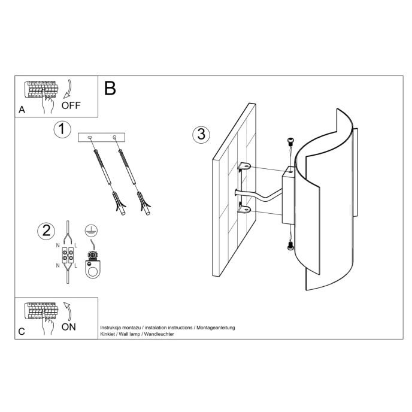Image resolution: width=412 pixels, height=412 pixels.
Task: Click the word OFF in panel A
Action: tap(71, 107)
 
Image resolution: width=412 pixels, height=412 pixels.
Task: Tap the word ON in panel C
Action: tap(69, 327)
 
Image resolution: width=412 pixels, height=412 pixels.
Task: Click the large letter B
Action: tap(110, 89)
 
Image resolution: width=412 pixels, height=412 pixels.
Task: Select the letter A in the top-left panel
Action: tap(22, 110)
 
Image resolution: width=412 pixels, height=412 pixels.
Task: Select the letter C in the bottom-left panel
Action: tap(22, 331)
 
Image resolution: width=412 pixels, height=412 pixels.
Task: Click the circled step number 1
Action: tap(62, 129)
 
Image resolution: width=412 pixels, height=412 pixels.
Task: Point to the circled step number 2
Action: tap(46, 231)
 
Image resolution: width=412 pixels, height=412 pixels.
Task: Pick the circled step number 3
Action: tap(201, 134)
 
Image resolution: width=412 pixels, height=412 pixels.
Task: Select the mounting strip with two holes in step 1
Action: tap(102, 138)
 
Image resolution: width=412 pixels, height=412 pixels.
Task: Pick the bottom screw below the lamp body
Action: tap(290, 246)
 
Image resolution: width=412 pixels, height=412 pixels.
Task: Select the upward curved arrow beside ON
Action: tap(68, 310)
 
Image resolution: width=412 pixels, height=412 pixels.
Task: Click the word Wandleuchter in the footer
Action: tap(155, 334)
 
